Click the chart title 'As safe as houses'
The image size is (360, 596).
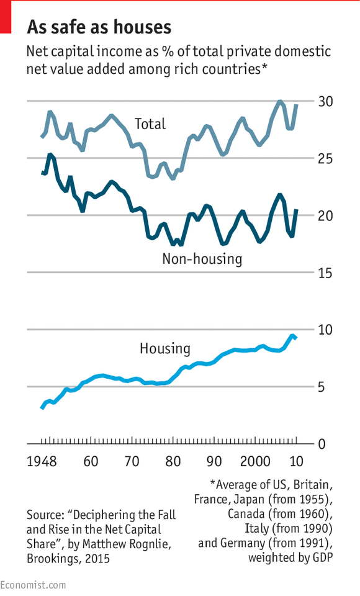coord(99,27)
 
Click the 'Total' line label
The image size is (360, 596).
coord(150,124)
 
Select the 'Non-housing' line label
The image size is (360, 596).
coord(202,258)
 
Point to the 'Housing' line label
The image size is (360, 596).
coord(164,348)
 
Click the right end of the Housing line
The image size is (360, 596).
coord(295,337)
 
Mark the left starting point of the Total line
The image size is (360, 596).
coord(42,136)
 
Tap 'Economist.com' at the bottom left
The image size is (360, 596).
coord(32,585)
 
